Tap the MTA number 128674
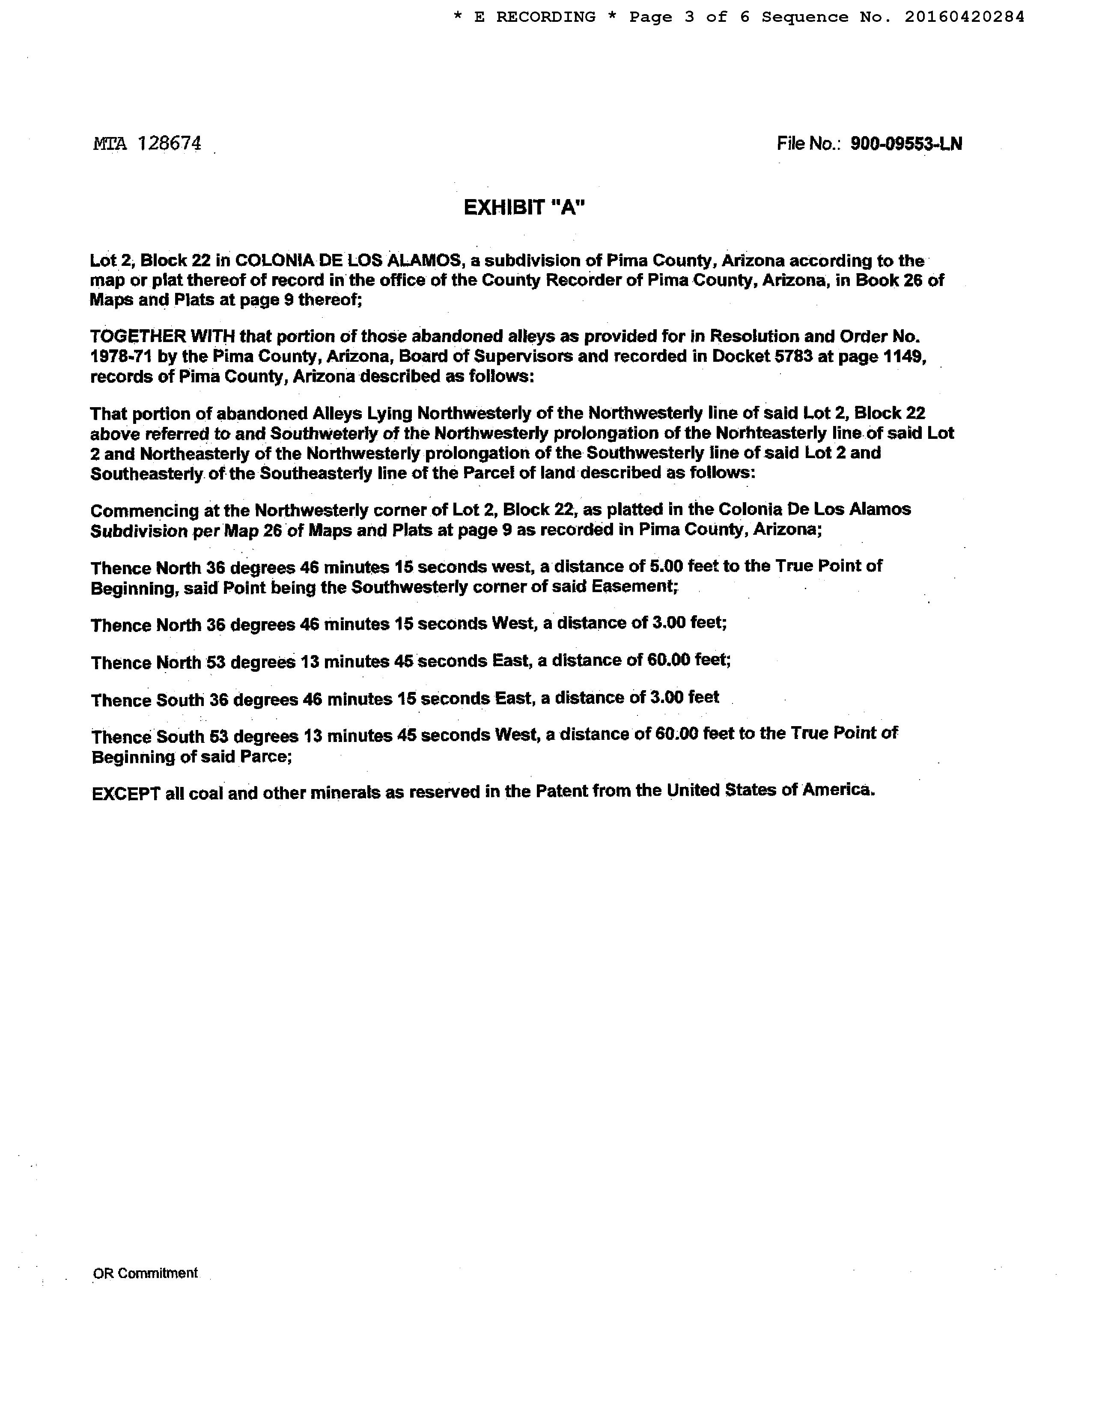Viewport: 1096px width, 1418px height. tap(170, 143)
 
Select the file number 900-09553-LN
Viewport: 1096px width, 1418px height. tap(906, 143)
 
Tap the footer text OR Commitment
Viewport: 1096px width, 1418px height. tap(146, 1273)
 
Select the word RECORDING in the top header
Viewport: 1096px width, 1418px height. tap(545, 17)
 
